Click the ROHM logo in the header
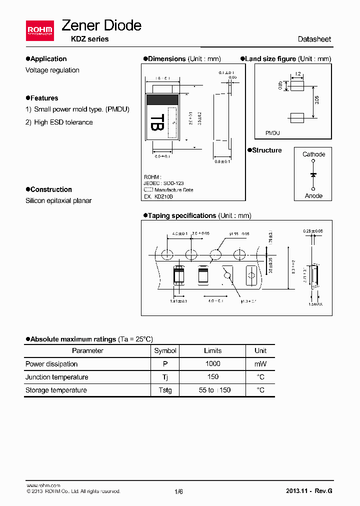[x=40, y=30]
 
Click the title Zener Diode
[x=101, y=25]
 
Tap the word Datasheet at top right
[x=314, y=39]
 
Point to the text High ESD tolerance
[x=63, y=122]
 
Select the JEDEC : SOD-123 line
[x=163, y=183]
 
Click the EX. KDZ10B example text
[x=158, y=196]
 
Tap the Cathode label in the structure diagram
[x=313, y=154]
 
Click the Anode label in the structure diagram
[x=313, y=196]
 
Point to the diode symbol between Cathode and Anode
[x=313, y=175]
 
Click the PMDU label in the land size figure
[x=272, y=133]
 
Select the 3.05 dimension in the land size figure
[x=317, y=100]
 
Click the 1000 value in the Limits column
[x=212, y=364]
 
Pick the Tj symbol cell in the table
[x=165, y=377]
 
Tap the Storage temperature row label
[x=56, y=390]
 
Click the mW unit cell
[x=260, y=364]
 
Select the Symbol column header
[x=165, y=351]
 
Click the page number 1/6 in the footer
[x=178, y=491]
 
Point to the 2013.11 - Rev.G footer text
[x=308, y=491]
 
